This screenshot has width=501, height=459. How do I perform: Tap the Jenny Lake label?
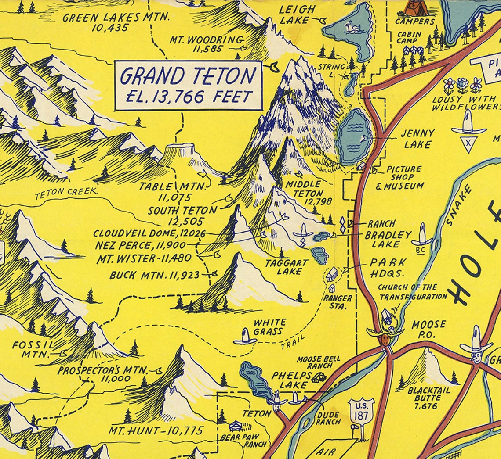417,138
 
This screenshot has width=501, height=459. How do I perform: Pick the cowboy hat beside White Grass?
245,336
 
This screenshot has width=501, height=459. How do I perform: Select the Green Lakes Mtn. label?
116,22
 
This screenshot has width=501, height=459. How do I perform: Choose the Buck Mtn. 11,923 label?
154,275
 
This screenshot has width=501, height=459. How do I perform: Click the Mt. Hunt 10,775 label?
156,430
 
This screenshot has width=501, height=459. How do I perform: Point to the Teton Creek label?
66,192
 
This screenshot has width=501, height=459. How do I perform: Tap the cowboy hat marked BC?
422,237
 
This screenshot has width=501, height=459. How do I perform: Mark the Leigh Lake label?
298,14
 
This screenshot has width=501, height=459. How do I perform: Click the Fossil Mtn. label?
27,349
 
